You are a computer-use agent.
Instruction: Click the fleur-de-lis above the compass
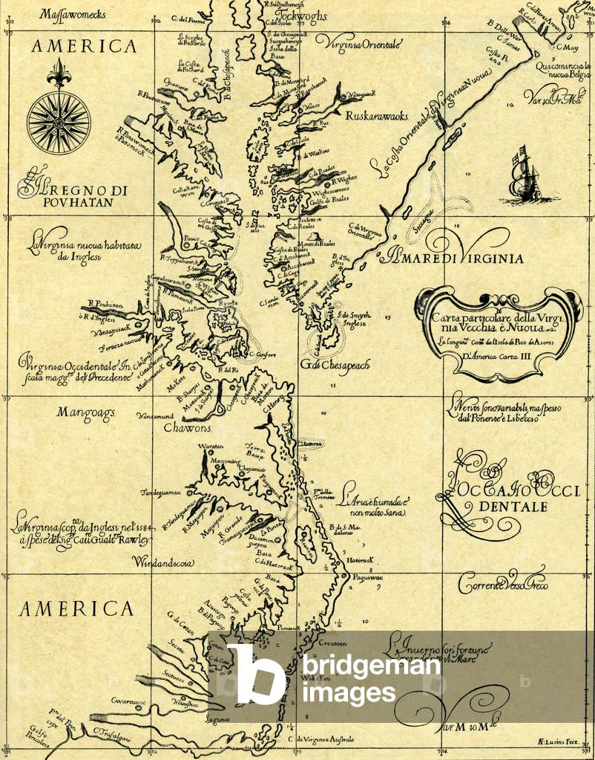[x=59, y=74]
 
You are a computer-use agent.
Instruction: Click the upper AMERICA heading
[x=84, y=47]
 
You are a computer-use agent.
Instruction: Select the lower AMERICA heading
[x=76, y=609]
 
